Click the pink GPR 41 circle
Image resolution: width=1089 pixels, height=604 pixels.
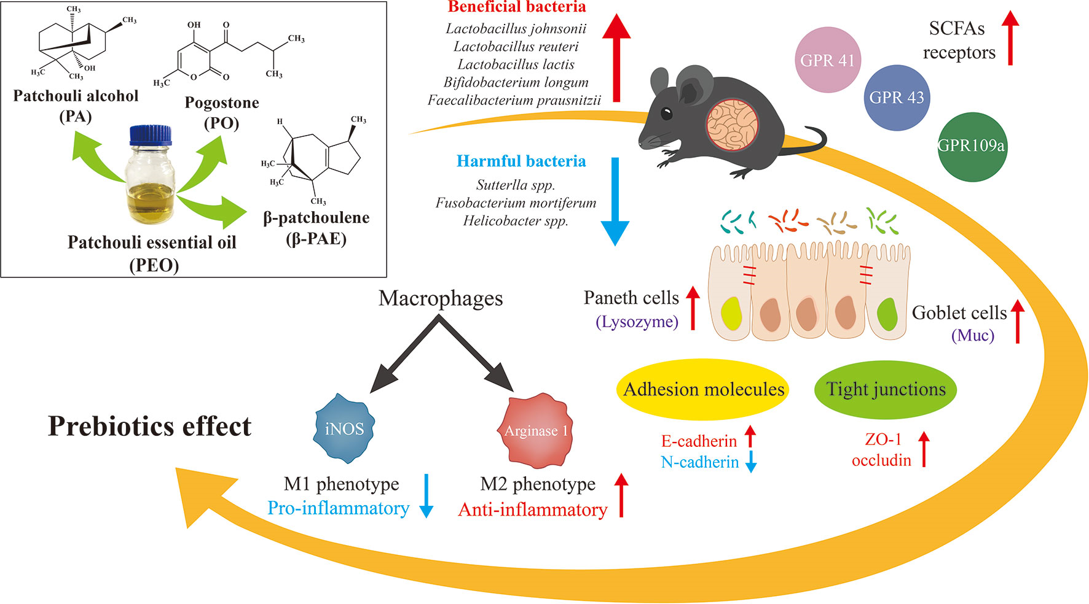tap(828, 60)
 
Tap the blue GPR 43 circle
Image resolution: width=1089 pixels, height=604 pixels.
tap(897, 98)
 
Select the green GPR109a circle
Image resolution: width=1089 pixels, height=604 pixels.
tap(971, 146)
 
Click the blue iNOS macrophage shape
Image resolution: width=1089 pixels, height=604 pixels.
tap(344, 428)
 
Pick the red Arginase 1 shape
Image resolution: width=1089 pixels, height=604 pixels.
tap(535, 430)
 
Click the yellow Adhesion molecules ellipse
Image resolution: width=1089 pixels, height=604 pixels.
tap(703, 389)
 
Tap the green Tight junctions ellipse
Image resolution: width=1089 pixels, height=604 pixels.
tap(886, 389)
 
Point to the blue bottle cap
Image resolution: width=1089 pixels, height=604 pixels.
tap(151, 134)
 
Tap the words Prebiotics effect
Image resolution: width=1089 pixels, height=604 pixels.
tap(150, 427)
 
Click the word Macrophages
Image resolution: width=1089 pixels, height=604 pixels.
tap(441, 298)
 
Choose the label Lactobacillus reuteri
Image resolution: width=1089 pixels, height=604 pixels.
tap(516, 47)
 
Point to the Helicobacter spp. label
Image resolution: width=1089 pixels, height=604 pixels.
tap(516, 221)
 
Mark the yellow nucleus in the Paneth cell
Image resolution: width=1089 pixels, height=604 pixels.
tap(731, 312)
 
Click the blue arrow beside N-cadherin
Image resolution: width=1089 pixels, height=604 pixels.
tap(750, 463)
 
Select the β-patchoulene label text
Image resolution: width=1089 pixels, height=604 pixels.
tap(316, 218)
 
